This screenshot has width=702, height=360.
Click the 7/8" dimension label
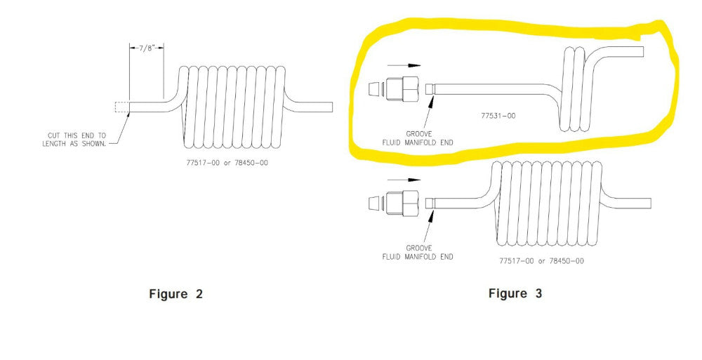(x=147, y=48)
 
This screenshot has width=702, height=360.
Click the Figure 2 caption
(x=175, y=294)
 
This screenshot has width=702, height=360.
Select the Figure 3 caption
(x=515, y=294)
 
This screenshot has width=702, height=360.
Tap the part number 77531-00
(x=498, y=116)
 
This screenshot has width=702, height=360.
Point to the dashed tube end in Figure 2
(x=122, y=107)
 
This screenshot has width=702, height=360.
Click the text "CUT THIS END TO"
(x=77, y=135)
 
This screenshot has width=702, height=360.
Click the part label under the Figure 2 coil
(x=227, y=163)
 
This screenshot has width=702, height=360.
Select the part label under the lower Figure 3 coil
(x=542, y=260)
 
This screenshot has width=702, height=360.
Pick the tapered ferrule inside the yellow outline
(x=375, y=88)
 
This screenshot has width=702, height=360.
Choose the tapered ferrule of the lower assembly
(x=375, y=203)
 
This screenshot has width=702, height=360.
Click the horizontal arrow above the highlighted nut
(x=404, y=65)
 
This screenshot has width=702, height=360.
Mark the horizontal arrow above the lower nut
(x=404, y=180)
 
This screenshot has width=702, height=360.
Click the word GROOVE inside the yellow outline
(x=419, y=134)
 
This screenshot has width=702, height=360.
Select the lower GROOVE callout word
(x=419, y=248)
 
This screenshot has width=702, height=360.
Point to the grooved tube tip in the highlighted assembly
(x=430, y=88)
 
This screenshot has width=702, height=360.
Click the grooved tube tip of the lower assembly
(x=430, y=203)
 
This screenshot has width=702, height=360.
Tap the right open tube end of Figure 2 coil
(x=332, y=107)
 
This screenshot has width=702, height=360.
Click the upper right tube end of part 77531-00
(x=643, y=51)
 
